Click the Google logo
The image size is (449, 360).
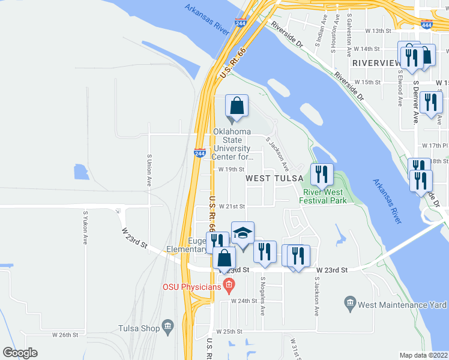(x=20, y=353)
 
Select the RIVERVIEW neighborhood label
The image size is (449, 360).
(x=376, y=62)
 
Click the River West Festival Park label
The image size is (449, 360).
(x=325, y=196)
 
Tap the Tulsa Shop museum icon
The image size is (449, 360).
(x=167, y=328)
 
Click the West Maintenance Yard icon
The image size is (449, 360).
(x=351, y=305)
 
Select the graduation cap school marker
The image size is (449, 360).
(x=243, y=233)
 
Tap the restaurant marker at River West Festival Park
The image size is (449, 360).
(x=322, y=175)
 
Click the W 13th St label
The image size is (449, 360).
(x=378, y=31)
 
